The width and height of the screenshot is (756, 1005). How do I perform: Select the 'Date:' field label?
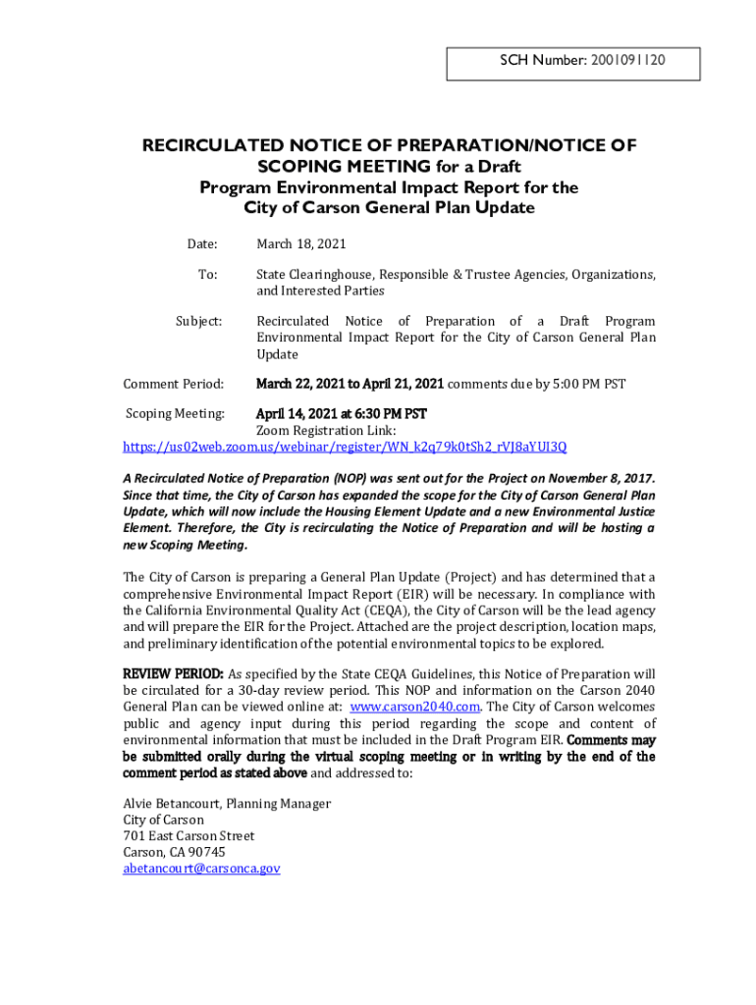click(202, 243)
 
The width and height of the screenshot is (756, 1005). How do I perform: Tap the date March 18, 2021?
click(301, 243)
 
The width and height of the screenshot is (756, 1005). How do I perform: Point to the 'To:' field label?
click(207, 275)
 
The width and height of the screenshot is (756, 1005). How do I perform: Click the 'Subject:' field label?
click(198, 321)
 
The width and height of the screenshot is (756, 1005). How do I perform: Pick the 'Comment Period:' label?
click(174, 384)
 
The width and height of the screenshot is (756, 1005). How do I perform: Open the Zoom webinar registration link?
click(344, 448)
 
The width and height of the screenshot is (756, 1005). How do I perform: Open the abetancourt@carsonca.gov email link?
click(201, 869)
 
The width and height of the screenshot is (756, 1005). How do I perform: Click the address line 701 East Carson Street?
click(189, 836)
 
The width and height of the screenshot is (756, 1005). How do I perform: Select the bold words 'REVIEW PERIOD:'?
click(173, 674)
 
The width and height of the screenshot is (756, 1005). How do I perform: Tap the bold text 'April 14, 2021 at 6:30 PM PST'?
click(342, 414)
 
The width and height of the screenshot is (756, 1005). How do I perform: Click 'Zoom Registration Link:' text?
click(326, 431)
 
